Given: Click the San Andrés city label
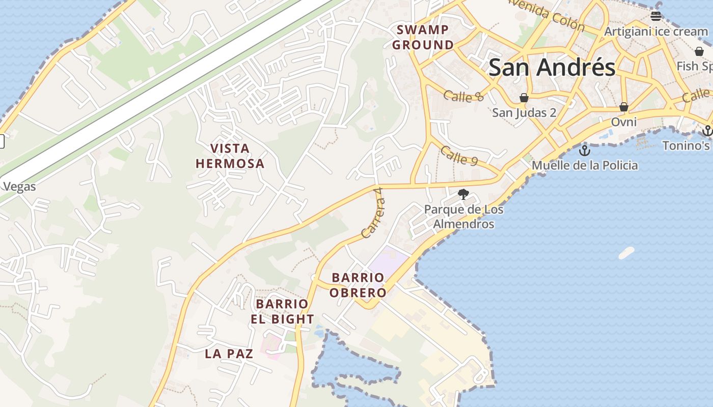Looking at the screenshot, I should (x=552, y=68).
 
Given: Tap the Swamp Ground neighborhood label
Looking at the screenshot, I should (x=423, y=37).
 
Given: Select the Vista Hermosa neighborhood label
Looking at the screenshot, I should (x=230, y=156).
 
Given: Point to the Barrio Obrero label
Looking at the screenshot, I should (x=358, y=285).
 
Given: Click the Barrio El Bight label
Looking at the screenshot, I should (x=282, y=311).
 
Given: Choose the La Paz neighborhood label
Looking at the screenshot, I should (x=229, y=354).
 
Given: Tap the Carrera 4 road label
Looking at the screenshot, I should (x=373, y=219).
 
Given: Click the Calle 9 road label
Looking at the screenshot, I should (x=459, y=156).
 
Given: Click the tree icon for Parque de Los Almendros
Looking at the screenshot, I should (x=463, y=194).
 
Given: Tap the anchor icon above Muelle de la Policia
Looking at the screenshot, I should (x=585, y=151).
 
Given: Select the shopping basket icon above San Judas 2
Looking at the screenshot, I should (x=524, y=98).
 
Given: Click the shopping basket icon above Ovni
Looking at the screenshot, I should (x=624, y=107).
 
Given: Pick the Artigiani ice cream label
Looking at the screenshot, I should (x=656, y=32).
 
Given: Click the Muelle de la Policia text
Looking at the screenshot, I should (x=585, y=165).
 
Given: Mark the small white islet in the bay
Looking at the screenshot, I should (x=626, y=252).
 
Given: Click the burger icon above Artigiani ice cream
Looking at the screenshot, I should (x=656, y=16).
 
